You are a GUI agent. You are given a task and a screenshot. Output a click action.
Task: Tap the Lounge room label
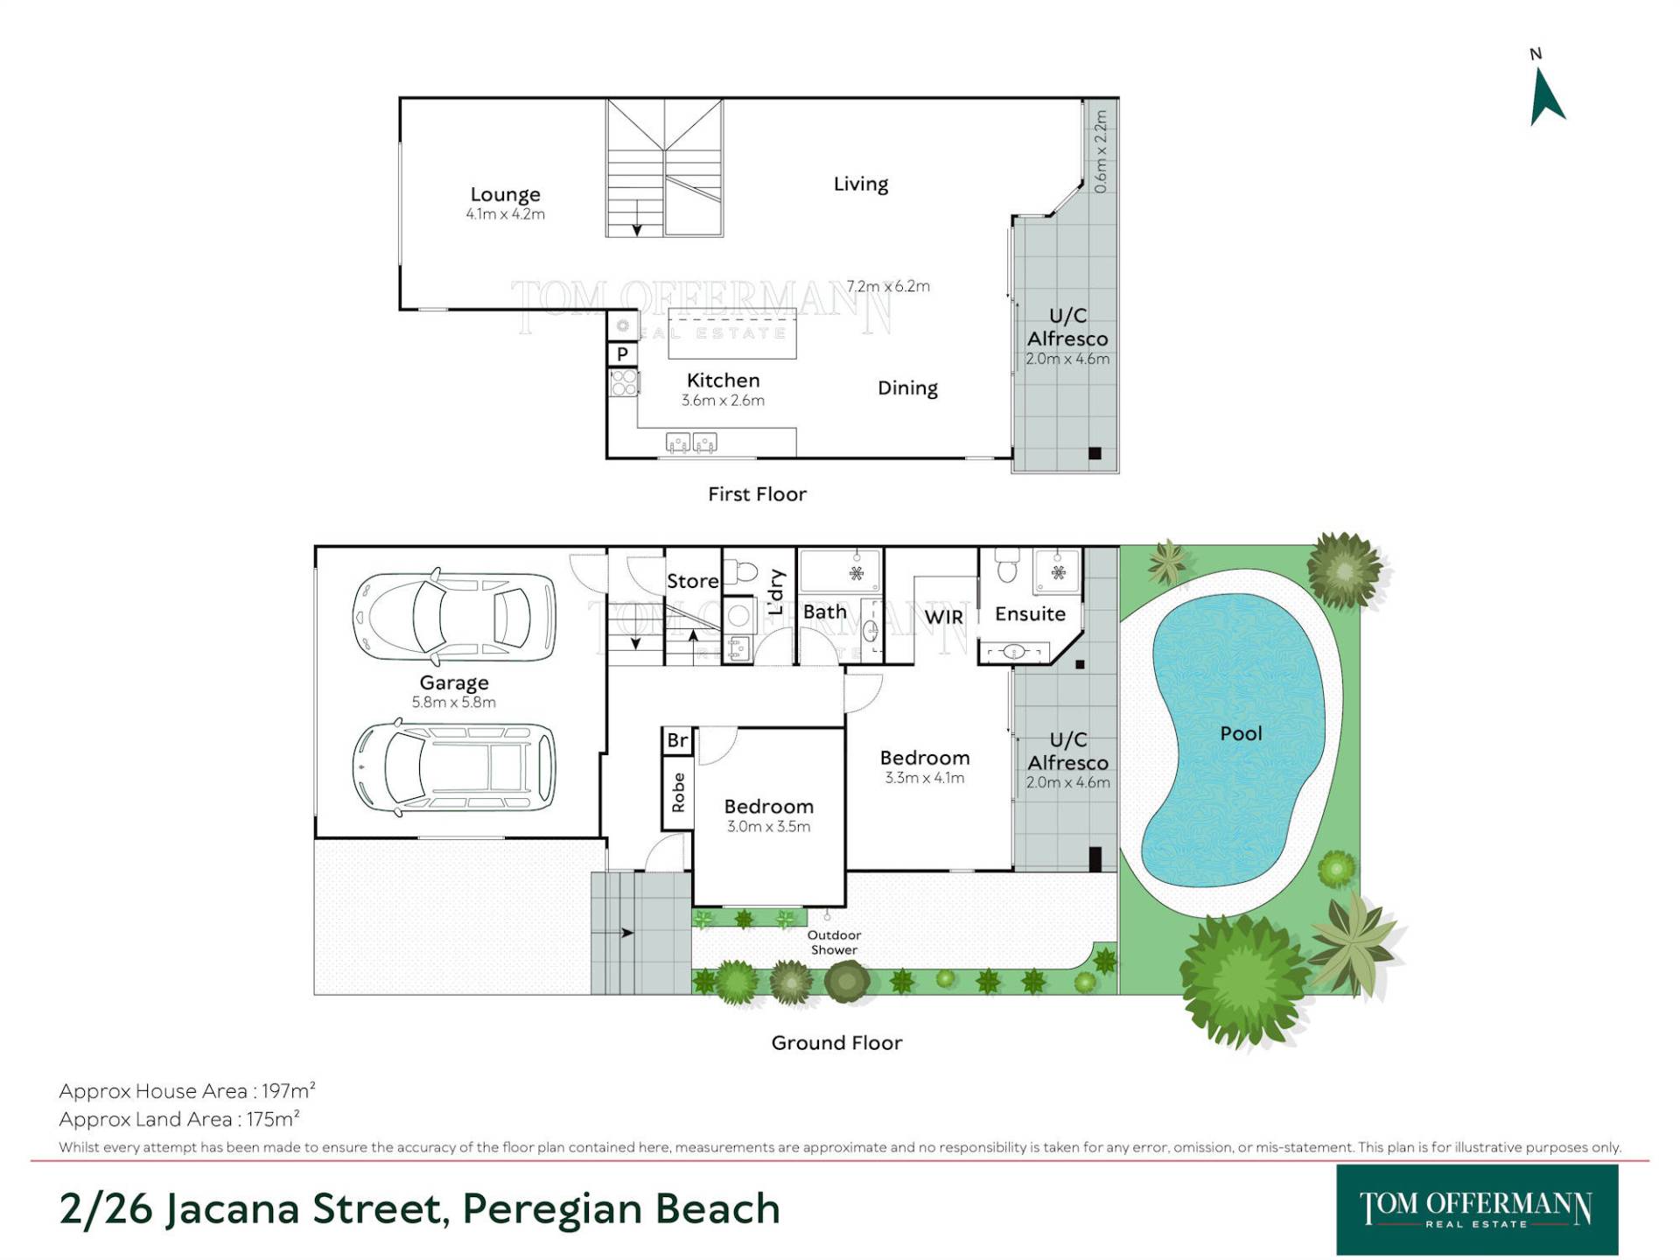[505, 194]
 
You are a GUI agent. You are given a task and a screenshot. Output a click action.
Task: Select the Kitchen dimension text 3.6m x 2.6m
[723, 400]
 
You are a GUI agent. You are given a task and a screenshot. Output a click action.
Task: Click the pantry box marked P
[622, 353]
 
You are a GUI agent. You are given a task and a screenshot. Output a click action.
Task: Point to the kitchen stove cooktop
[624, 382]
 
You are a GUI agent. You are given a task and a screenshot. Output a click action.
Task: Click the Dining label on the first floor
[907, 388]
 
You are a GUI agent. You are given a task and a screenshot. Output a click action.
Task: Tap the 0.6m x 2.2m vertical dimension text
[1100, 150]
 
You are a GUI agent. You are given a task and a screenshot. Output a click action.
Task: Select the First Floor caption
[757, 493]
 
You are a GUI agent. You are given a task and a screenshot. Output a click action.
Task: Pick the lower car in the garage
[454, 767]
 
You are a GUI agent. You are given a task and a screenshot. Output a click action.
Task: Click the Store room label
[692, 581]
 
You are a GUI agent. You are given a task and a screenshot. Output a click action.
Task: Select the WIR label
[943, 617]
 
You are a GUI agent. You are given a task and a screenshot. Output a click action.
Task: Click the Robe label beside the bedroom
[678, 792]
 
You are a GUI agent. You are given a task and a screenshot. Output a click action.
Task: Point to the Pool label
[1241, 733]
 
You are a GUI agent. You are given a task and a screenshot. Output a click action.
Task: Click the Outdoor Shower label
[834, 942]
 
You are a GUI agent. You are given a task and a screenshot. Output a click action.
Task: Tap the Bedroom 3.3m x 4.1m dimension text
[924, 778]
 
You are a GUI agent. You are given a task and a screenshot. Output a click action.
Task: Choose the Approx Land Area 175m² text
[179, 1118]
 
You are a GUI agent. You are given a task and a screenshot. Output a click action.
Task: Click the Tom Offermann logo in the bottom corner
[1477, 1210]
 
